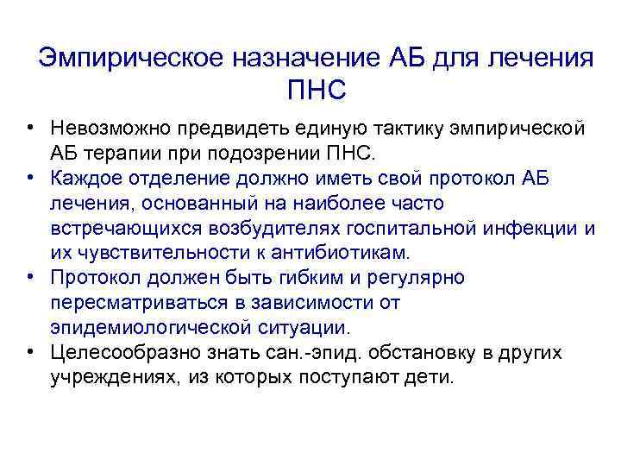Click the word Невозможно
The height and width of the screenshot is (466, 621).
pyautogui.click(x=110, y=129)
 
